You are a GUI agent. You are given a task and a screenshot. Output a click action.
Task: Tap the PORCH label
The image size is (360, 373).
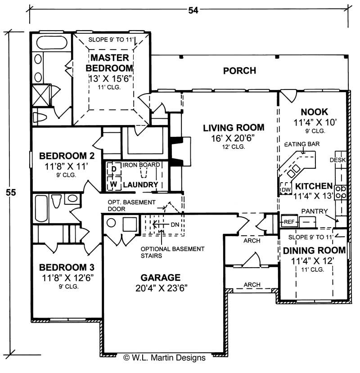click(x=239, y=71)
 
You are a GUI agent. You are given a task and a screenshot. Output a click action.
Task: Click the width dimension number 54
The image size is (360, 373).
click(x=193, y=10)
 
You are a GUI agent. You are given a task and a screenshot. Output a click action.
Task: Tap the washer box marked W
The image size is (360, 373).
click(x=114, y=184)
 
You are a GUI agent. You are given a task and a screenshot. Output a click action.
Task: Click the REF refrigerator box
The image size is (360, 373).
click(x=288, y=222)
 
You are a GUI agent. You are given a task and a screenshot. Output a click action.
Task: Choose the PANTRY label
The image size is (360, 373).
click(x=314, y=211)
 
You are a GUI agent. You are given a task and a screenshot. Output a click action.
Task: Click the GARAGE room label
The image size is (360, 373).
click(x=160, y=278)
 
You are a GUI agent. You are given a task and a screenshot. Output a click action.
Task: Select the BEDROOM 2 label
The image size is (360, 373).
click(x=67, y=156)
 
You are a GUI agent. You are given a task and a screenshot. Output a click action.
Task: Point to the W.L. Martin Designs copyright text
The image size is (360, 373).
click(x=164, y=358)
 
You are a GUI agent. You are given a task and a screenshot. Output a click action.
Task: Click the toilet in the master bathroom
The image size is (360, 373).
click(x=40, y=118)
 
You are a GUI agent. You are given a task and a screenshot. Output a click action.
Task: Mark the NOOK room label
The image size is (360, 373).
click(x=314, y=112)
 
